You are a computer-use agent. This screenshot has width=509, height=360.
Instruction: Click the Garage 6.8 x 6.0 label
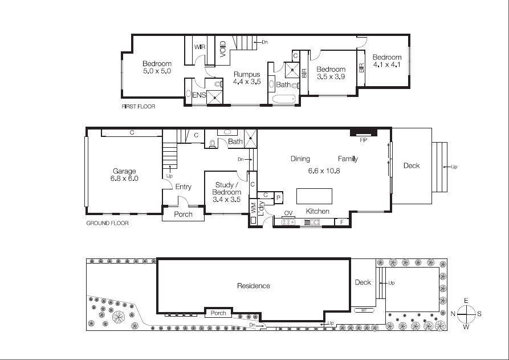(x=124, y=175)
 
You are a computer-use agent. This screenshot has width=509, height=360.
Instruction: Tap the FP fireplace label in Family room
(x=362, y=139)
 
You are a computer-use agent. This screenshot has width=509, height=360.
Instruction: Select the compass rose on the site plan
(x=466, y=314)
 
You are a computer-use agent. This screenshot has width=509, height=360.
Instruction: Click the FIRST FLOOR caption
(x=139, y=107)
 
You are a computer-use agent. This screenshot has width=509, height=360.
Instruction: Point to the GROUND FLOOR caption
(x=107, y=223)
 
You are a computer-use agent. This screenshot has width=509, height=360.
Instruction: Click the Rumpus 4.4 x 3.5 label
(x=247, y=78)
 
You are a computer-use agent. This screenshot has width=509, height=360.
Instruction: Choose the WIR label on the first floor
(x=199, y=47)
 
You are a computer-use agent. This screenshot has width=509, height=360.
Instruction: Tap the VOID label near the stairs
(x=223, y=48)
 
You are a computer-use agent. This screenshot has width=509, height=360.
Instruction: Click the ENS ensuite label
(x=199, y=95)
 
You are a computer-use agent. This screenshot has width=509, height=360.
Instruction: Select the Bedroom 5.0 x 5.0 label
(x=157, y=67)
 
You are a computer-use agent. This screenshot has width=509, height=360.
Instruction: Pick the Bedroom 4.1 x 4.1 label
(x=387, y=61)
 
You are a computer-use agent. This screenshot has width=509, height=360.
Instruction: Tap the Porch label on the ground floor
(x=183, y=215)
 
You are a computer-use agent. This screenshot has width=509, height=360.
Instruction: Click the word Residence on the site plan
(x=254, y=286)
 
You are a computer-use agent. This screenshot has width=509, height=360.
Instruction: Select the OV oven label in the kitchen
(x=288, y=213)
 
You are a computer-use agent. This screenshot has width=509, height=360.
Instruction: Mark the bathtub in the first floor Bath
(x=284, y=100)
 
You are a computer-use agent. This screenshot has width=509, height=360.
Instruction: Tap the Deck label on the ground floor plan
(x=412, y=165)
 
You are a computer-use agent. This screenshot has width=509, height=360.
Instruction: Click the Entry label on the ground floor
(x=183, y=187)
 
